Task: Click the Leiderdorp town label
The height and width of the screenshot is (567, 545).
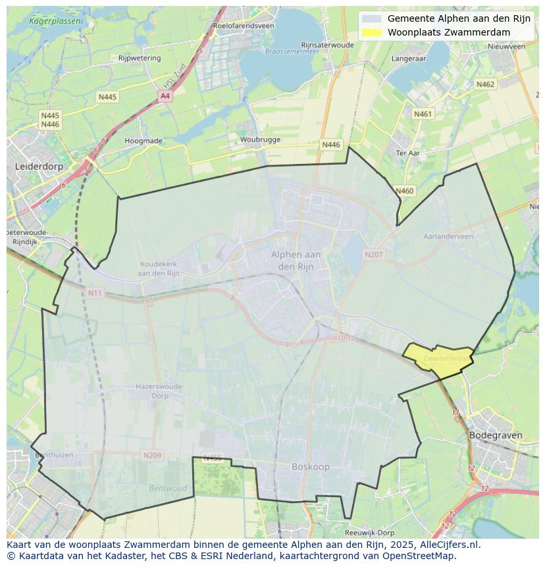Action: click(x=39, y=167)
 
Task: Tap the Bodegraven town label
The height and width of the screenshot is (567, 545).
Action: click(x=496, y=435)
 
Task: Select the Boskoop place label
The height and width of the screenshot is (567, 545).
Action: click(x=310, y=467)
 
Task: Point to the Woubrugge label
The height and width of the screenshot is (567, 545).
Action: click(x=260, y=140)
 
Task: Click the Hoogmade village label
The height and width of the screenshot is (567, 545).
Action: click(x=143, y=141)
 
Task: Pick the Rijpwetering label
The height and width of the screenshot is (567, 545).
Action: click(x=140, y=58)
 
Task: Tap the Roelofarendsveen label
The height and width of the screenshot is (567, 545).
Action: click(x=243, y=26)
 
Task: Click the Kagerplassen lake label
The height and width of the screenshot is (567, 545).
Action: click(x=55, y=21)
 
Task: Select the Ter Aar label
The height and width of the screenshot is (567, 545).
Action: click(x=408, y=153)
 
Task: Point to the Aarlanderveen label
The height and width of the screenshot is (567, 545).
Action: click(x=448, y=236)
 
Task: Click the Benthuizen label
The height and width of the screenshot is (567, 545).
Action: click(x=54, y=455)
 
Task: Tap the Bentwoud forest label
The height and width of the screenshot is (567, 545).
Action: click(x=168, y=489)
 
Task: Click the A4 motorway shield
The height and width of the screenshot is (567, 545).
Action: click(x=165, y=96)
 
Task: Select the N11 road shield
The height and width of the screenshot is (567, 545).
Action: click(x=95, y=292)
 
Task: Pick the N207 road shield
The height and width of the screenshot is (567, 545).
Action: click(x=373, y=254)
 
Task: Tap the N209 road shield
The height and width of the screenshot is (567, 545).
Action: click(x=152, y=455)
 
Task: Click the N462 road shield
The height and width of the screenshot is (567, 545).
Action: click(x=485, y=84)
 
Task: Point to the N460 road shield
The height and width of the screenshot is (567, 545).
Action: click(x=405, y=191)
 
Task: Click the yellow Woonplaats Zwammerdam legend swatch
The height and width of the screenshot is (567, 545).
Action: click(x=371, y=32)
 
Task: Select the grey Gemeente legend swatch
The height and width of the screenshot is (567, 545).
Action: click(x=371, y=18)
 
